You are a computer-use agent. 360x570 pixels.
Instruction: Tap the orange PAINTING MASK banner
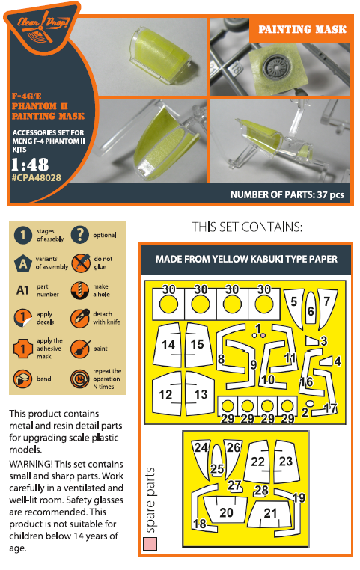pyautogui.click(x=302, y=30)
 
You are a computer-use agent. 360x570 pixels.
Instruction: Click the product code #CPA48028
pyautogui.click(x=37, y=178)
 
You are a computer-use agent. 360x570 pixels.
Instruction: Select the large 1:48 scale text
pyautogui.click(x=30, y=165)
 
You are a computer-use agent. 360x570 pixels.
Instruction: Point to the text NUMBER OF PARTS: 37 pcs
pyautogui.click(x=287, y=194)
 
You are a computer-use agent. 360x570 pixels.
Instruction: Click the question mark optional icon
pyautogui.click(x=79, y=235)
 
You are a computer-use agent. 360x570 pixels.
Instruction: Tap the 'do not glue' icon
pyautogui.click(x=80, y=263)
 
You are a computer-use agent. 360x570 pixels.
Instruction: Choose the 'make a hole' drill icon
pyautogui.click(x=79, y=290)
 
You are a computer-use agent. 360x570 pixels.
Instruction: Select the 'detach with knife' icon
pyautogui.click(x=79, y=319)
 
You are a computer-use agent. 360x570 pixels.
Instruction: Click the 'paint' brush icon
pyautogui.click(x=80, y=349)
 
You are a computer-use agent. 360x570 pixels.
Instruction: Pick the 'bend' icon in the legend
pyautogui.click(x=22, y=379)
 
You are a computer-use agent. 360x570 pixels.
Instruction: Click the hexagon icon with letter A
pyautogui.click(x=23, y=263)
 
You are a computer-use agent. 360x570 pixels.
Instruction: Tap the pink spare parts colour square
pyautogui.click(x=150, y=544)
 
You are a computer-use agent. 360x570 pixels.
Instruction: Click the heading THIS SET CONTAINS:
pyautogui.click(x=247, y=227)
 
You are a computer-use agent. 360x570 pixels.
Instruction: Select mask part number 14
pyautogui.click(x=167, y=344)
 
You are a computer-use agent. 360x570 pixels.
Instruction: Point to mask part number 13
pyautogui.click(x=200, y=393)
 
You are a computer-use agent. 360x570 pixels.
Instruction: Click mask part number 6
pyautogui.click(x=311, y=307)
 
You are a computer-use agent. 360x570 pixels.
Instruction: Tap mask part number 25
pyautogui.click(x=217, y=462)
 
